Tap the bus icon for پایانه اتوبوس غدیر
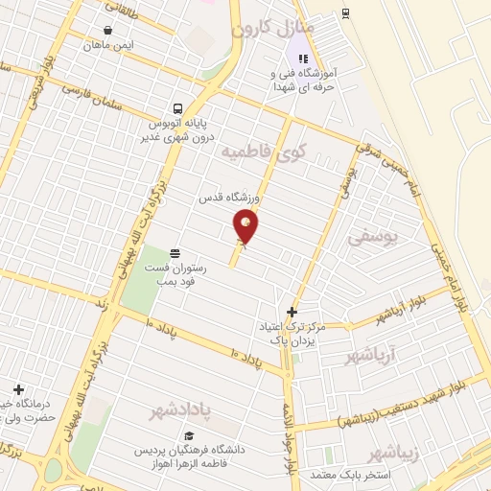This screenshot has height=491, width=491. pyautogui.click(x=177, y=108)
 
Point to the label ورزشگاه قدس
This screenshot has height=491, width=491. pyautogui.click(x=223, y=198)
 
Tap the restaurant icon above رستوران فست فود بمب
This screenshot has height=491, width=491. pyautogui.click(x=176, y=251)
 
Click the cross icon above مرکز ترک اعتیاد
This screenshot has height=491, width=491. pyautogui.click(x=292, y=312)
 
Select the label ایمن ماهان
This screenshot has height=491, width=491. pyautogui.click(x=107, y=45)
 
